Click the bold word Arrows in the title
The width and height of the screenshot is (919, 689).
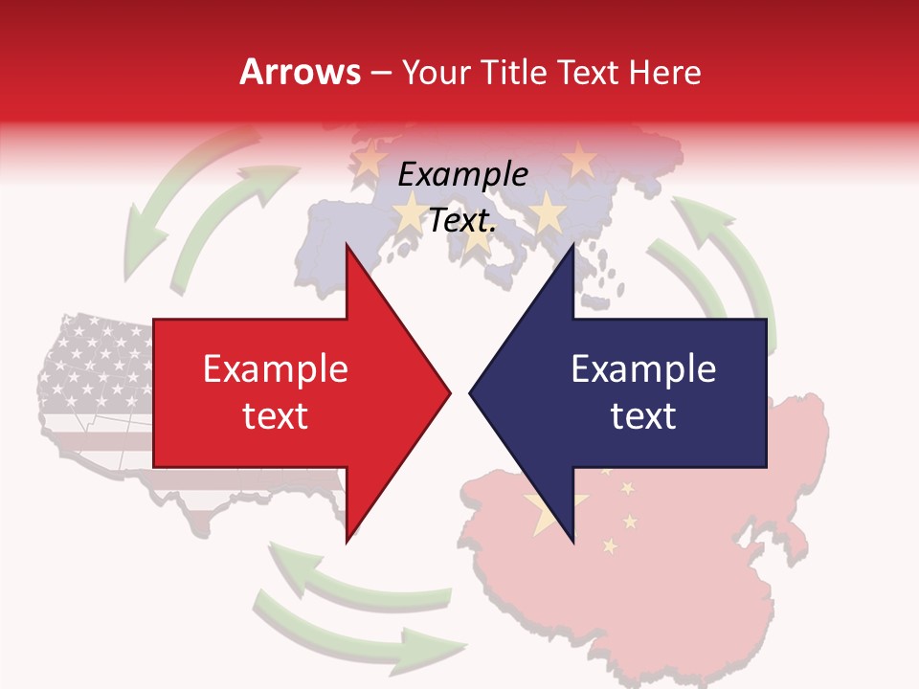click(x=300, y=72)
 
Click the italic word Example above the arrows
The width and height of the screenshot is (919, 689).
click(x=462, y=174)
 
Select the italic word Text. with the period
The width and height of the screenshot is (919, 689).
click(x=462, y=221)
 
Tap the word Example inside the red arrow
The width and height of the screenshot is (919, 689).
click(x=276, y=369)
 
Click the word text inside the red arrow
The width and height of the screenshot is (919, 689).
click(x=276, y=416)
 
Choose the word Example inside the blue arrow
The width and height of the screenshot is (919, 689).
click(x=643, y=369)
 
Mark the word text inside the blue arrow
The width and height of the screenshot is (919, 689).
click(x=643, y=416)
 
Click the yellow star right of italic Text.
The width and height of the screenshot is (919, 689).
click(x=548, y=212)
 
